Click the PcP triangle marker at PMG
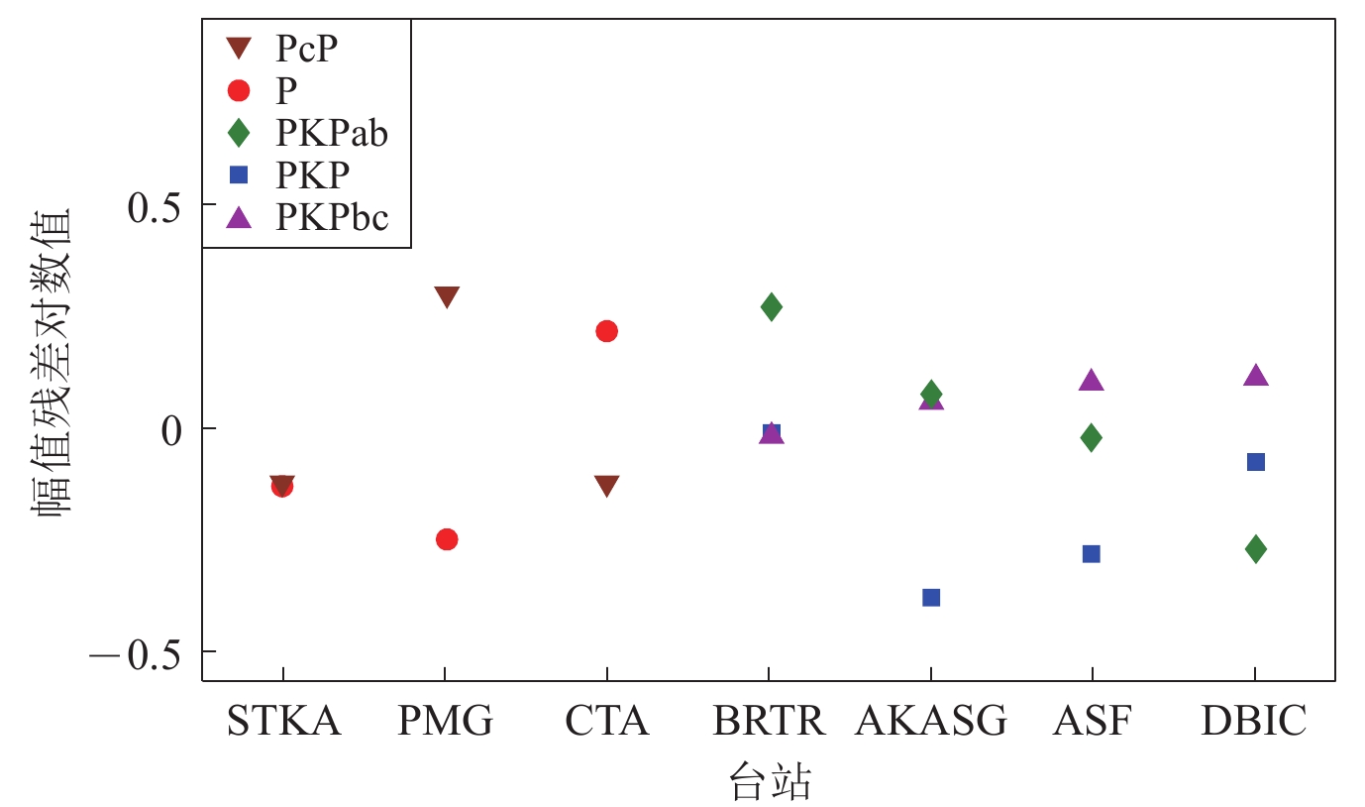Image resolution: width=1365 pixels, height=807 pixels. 447,296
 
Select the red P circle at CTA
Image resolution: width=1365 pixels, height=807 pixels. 606,331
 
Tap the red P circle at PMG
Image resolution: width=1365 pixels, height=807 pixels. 447,539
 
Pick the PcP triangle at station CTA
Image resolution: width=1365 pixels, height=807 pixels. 606,486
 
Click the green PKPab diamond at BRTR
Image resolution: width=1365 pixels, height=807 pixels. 772,307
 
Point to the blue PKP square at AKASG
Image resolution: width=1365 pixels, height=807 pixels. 931,597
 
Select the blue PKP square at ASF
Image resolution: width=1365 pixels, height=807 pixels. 1092,553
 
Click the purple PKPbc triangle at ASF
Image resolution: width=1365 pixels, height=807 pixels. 1092,381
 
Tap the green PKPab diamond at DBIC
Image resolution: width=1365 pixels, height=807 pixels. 1256,549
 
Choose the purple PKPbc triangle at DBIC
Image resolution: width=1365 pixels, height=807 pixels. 1256,376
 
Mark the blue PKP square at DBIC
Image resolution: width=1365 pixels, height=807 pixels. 1256,462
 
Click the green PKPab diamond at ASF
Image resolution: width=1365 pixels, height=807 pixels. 1092,437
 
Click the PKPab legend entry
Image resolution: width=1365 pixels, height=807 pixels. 331,133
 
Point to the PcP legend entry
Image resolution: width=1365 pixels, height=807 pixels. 312,48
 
